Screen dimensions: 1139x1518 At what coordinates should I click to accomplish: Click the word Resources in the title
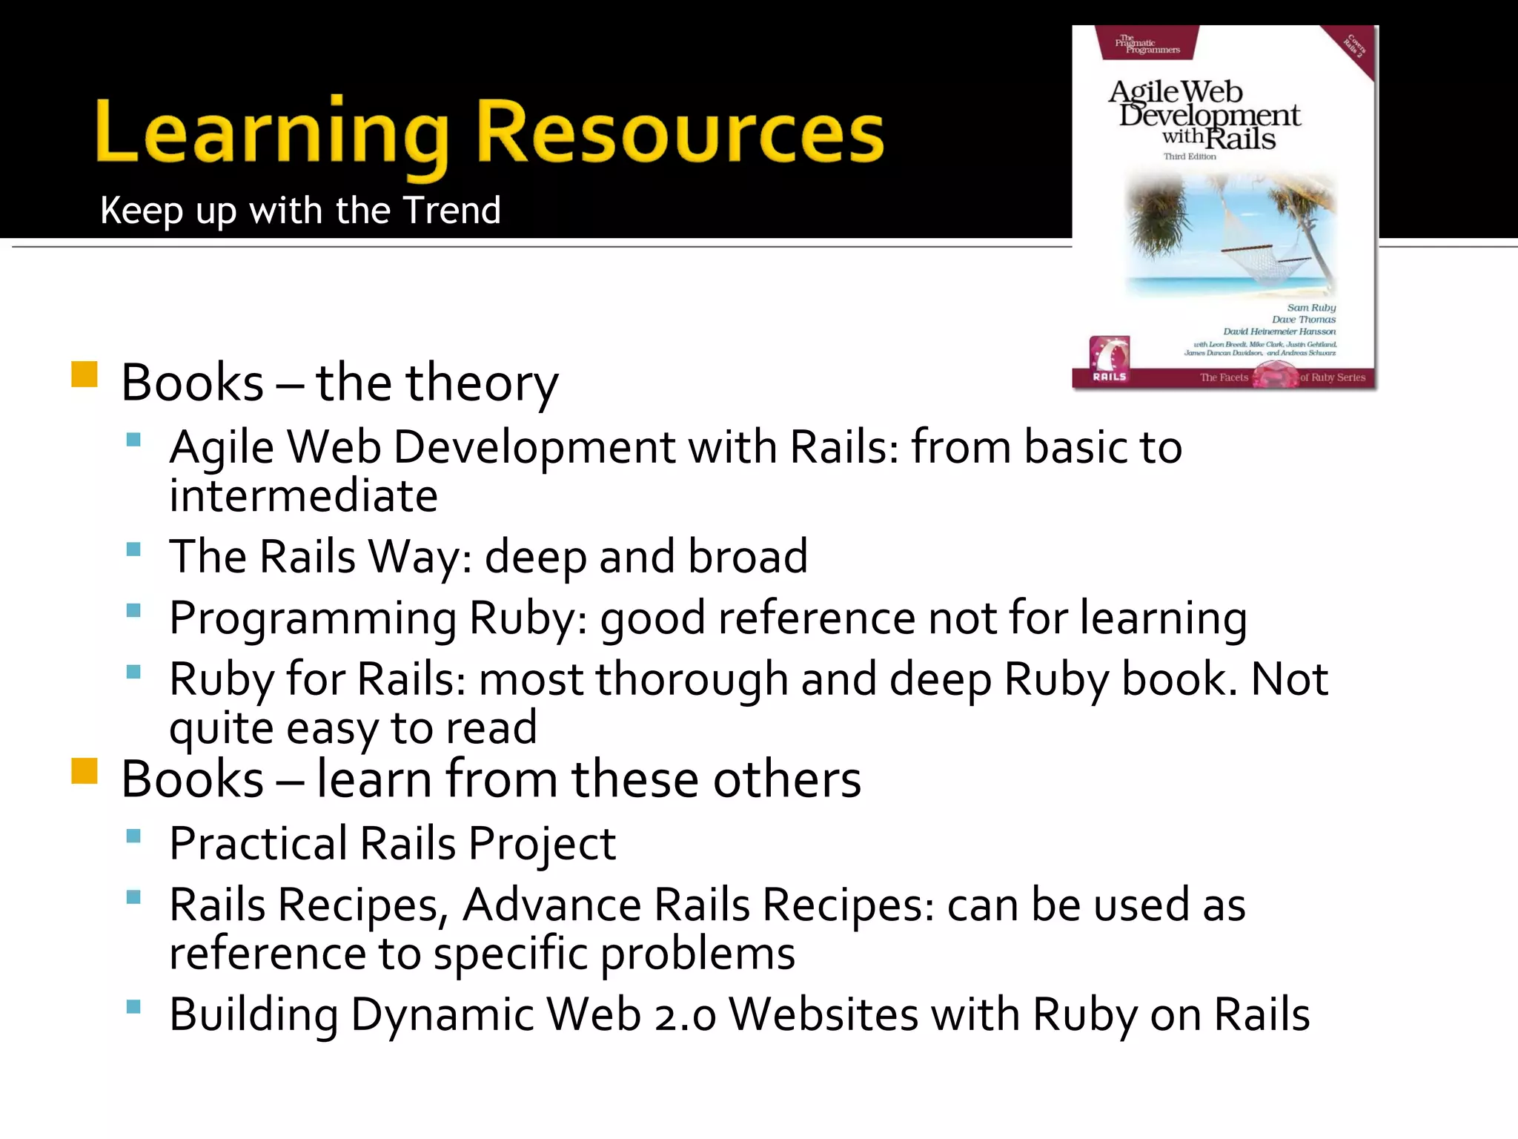pos(679,133)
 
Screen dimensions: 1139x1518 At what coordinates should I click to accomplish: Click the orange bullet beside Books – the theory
pos(84,374)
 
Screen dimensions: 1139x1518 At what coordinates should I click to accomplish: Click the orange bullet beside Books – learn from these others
pos(84,770)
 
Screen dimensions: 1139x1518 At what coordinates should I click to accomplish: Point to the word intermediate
pos(303,495)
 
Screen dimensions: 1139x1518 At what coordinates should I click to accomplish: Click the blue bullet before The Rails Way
pos(133,549)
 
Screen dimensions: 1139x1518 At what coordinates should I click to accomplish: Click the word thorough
pos(692,679)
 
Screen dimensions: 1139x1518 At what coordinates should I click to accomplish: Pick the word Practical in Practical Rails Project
pos(258,844)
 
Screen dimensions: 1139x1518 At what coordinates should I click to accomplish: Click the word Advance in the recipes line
pos(551,905)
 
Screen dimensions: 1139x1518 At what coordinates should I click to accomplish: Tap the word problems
pos(697,954)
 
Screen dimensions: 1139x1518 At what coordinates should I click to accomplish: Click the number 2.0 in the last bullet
pos(685,1015)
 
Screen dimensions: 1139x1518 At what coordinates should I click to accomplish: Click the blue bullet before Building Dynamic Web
pos(133,1007)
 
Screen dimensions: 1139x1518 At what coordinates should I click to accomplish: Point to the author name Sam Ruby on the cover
pos(1310,307)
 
